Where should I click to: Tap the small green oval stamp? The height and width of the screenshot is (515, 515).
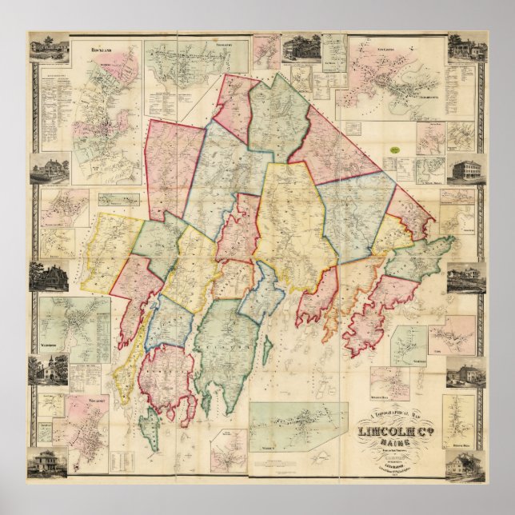(x=393, y=149)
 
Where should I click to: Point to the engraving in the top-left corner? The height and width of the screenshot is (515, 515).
(x=48, y=47)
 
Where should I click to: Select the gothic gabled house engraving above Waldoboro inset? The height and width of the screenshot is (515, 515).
(x=48, y=276)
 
